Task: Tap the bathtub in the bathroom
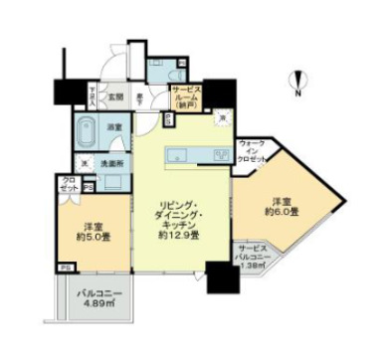pos(87,129)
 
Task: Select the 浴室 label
pos(114,126)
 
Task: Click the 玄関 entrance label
pos(115,96)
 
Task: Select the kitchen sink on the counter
pos(180,154)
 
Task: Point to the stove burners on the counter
pos(220,154)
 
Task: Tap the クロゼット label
pos(68,183)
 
